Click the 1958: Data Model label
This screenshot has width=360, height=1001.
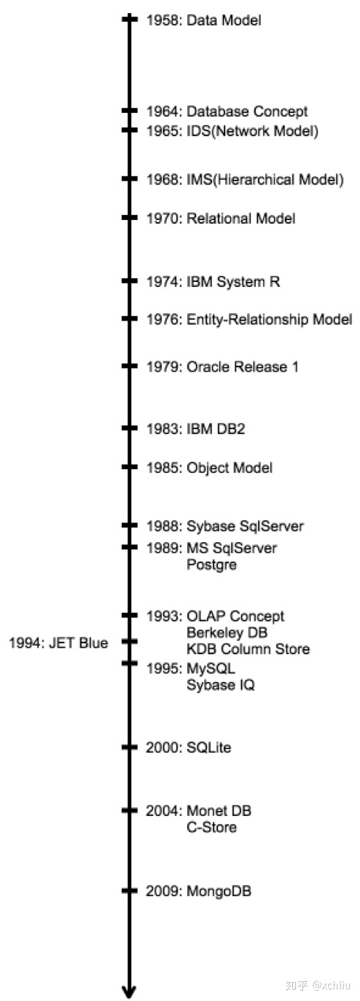point(204,20)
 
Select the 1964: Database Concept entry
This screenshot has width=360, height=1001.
point(227,111)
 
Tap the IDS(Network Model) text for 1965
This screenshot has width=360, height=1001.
point(252,131)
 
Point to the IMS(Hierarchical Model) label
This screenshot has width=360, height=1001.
point(265,180)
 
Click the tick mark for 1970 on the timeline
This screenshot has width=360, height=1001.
point(130,218)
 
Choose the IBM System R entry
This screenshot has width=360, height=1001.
point(233,282)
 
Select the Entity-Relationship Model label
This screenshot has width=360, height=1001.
point(269,320)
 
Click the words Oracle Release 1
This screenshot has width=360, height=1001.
point(243,367)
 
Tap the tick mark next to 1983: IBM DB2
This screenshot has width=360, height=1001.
point(130,428)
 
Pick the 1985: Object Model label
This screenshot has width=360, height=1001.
point(209,468)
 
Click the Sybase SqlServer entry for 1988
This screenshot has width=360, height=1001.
point(245,526)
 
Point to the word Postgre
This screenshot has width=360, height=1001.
point(211,565)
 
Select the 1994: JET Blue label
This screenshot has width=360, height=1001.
point(58,643)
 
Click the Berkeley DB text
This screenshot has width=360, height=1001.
point(227,633)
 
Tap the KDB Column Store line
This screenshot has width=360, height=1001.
point(249,649)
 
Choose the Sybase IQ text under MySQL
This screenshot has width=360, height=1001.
point(221,686)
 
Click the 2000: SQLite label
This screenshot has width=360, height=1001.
point(188,747)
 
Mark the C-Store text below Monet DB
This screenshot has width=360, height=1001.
point(211,827)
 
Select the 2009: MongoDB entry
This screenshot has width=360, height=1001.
point(198,890)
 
